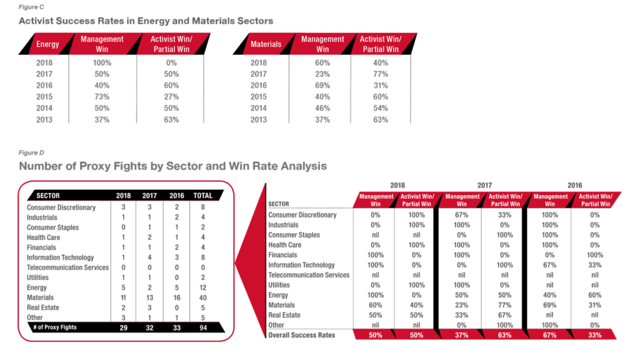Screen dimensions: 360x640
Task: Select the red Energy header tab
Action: (x=47, y=44)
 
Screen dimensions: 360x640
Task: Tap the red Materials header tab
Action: (x=266, y=44)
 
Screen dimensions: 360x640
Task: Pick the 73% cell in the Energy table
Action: (x=102, y=97)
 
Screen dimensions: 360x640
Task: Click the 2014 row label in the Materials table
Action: (x=258, y=108)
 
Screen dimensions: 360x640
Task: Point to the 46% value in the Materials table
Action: (x=322, y=108)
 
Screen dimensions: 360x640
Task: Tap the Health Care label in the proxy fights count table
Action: (x=44, y=237)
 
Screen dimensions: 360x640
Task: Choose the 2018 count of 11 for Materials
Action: (x=123, y=297)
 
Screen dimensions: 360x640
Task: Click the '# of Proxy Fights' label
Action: (x=56, y=327)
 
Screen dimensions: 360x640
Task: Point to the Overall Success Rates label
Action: (x=301, y=335)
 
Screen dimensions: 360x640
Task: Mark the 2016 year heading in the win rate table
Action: (x=574, y=185)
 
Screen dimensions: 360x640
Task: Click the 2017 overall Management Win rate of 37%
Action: (x=461, y=335)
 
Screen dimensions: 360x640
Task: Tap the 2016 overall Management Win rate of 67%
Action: (x=549, y=335)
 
